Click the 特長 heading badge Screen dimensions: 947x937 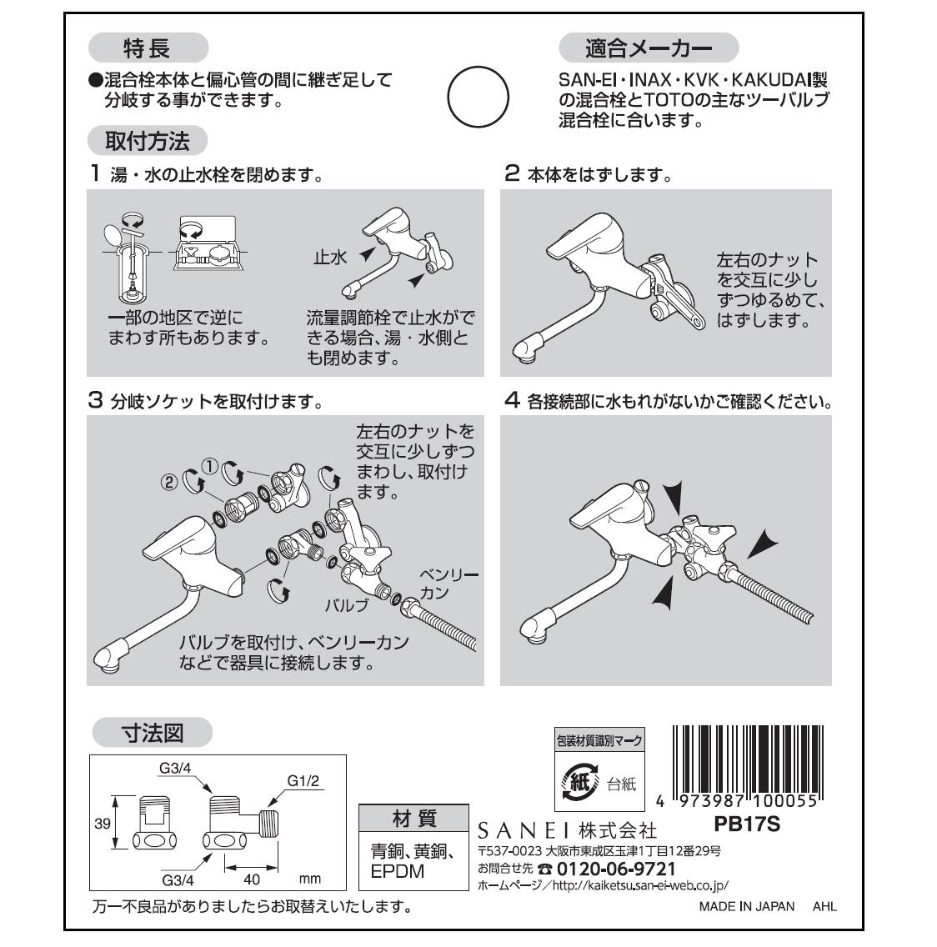pos(147,48)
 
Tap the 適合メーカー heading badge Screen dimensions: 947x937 pos(648,48)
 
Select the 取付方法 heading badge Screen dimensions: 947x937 pos(147,140)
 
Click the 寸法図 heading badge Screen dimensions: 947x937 pos(152,733)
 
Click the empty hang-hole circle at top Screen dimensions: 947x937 pos(479,97)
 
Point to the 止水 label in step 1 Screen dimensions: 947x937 pos(330,258)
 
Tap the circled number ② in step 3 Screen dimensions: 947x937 pos(168,481)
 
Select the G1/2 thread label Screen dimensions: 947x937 pos(304,781)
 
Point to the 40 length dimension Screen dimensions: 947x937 pos(252,879)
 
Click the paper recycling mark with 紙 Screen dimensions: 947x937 pos(580,781)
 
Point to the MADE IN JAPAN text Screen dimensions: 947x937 pos(746,906)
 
